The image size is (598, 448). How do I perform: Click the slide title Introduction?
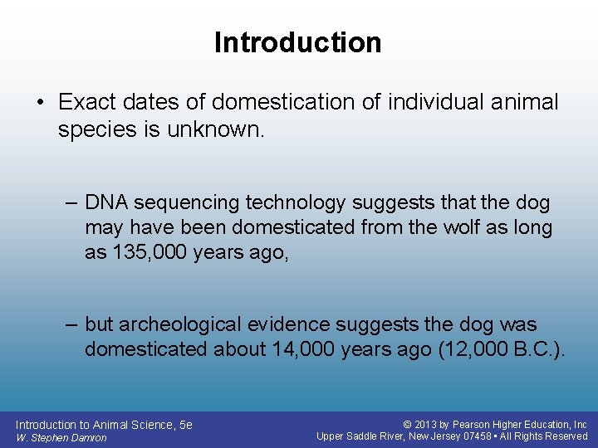click(x=298, y=42)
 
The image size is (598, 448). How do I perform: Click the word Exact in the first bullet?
click(x=86, y=102)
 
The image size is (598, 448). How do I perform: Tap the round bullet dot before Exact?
click(x=40, y=103)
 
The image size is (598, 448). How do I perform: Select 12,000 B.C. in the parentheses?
click(x=502, y=349)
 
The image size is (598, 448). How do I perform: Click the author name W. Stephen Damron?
click(x=61, y=437)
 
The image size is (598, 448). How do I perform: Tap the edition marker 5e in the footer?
click(x=185, y=424)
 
